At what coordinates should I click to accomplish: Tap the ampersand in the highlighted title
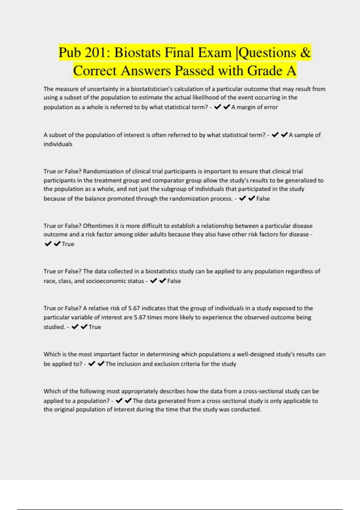click(305, 53)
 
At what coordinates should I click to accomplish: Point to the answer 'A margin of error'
click(254, 107)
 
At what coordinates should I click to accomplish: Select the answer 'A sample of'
click(304, 135)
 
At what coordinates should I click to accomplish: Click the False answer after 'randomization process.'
click(263, 199)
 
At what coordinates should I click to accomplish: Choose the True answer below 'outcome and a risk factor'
click(68, 244)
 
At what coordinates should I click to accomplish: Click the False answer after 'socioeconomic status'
click(174, 281)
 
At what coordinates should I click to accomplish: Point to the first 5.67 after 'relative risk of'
click(134, 308)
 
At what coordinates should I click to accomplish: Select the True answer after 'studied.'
click(95, 327)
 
